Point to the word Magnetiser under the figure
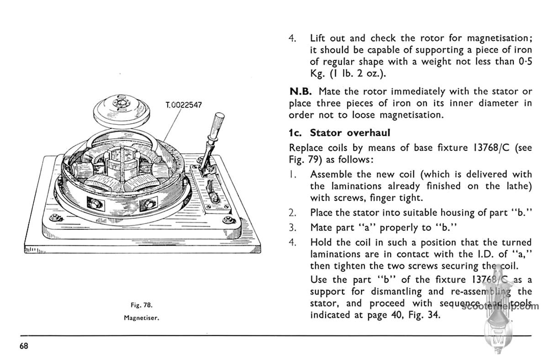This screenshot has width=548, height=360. click(141, 318)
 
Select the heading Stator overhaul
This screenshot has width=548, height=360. click(350, 133)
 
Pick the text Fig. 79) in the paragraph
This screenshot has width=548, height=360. click(306, 160)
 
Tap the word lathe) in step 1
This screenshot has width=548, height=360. click(517, 186)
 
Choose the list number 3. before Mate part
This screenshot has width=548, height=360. click(293, 227)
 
